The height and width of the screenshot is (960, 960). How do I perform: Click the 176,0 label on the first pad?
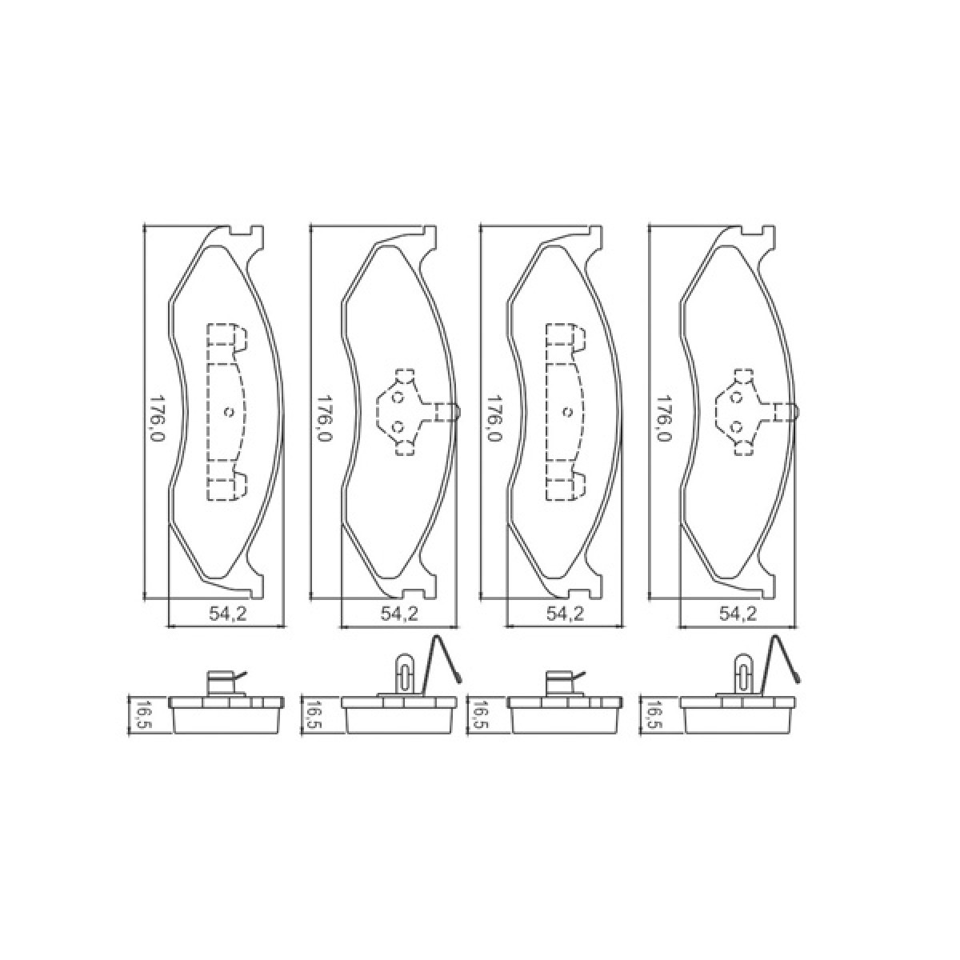(158, 421)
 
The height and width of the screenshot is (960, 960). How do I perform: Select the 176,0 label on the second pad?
(325, 421)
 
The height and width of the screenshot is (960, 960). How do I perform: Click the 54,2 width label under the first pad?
(227, 614)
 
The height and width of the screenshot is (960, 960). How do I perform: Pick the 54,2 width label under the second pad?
(399, 614)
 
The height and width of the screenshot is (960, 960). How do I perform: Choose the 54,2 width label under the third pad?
(565, 614)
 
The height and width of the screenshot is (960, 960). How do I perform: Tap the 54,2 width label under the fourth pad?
(738, 614)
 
